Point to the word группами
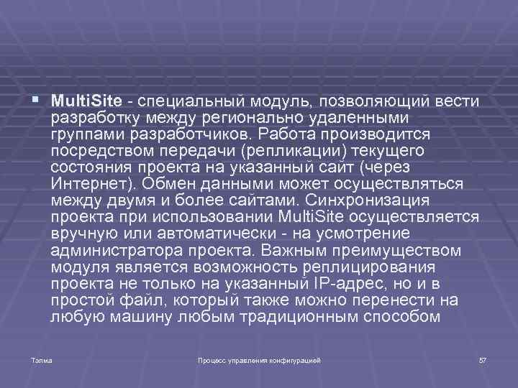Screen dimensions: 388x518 coord(83,134)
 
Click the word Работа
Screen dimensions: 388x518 coord(285,134)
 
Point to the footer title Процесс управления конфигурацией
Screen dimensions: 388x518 coord(259,359)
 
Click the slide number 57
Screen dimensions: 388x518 coord(483,359)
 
